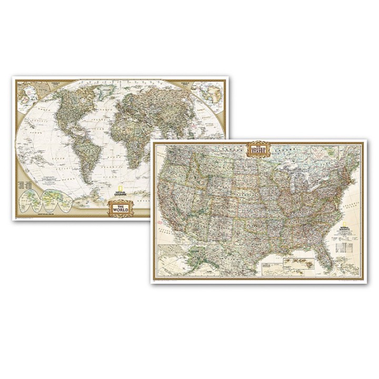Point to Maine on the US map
pyautogui.click(x=354, y=158)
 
